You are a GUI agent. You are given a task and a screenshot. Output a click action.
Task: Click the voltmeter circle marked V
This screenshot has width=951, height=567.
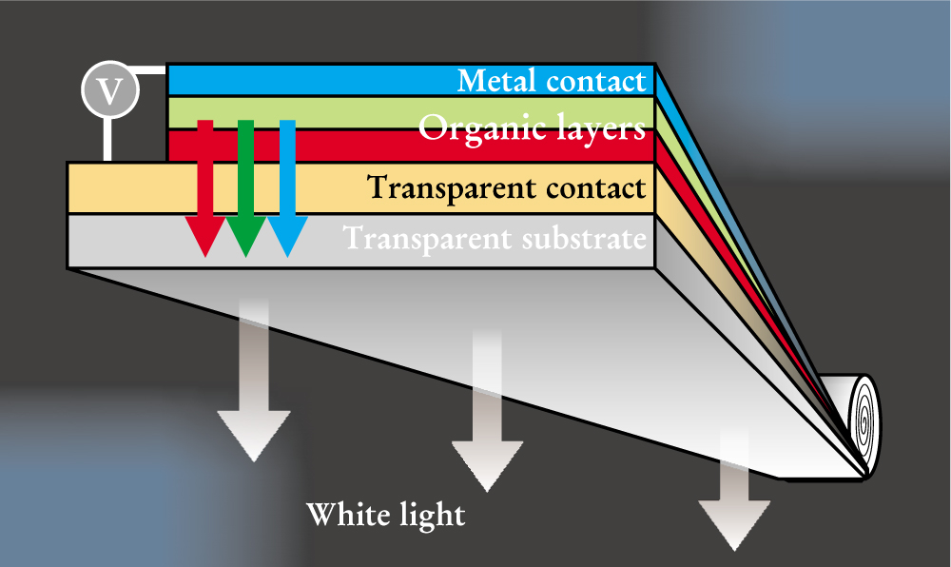111,91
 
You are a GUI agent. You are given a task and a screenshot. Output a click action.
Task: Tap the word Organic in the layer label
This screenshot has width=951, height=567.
474,127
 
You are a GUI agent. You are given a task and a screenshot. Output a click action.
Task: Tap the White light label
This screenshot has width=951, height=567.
385,515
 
